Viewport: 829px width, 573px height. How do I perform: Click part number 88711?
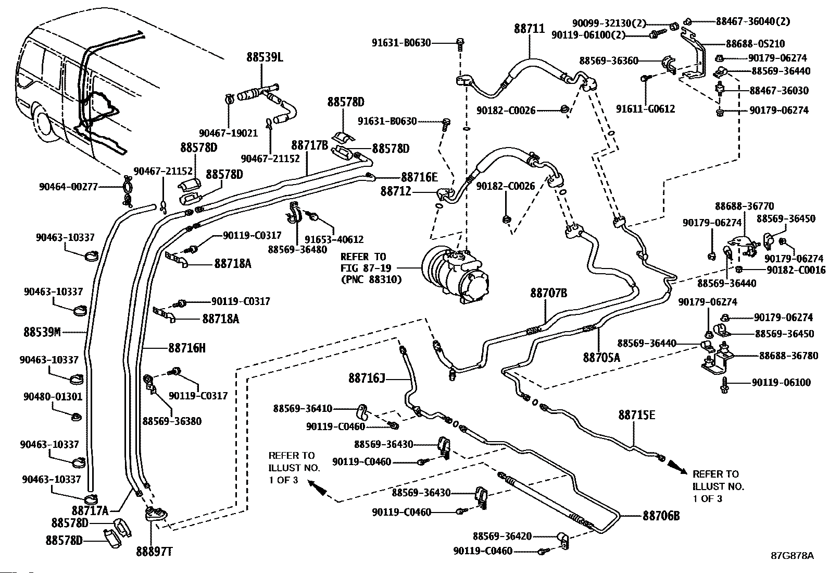click(x=529, y=30)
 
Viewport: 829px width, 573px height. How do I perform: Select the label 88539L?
click(x=265, y=57)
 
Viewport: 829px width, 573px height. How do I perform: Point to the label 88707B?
click(x=548, y=293)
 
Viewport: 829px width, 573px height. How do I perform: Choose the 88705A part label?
click(x=601, y=357)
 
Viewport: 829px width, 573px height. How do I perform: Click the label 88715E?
click(x=636, y=415)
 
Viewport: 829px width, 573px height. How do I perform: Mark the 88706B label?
click(x=661, y=516)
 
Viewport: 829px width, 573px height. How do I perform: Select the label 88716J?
click(x=367, y=377)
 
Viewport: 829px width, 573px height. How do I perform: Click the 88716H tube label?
click(x=186, y=347)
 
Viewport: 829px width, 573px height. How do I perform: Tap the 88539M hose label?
click(x=42, y=331)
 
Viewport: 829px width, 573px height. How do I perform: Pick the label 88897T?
click(x=154, y=551)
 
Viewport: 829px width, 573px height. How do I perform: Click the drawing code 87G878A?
click(x=792, y=555)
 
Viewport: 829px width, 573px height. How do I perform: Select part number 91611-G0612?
click(x=645, y=109)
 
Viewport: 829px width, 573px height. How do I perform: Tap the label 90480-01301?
click(x=53, y=397)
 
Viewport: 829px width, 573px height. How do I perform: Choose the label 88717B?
click(x=309, y=145)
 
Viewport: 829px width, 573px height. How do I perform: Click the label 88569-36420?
click(x=502, y=536)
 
